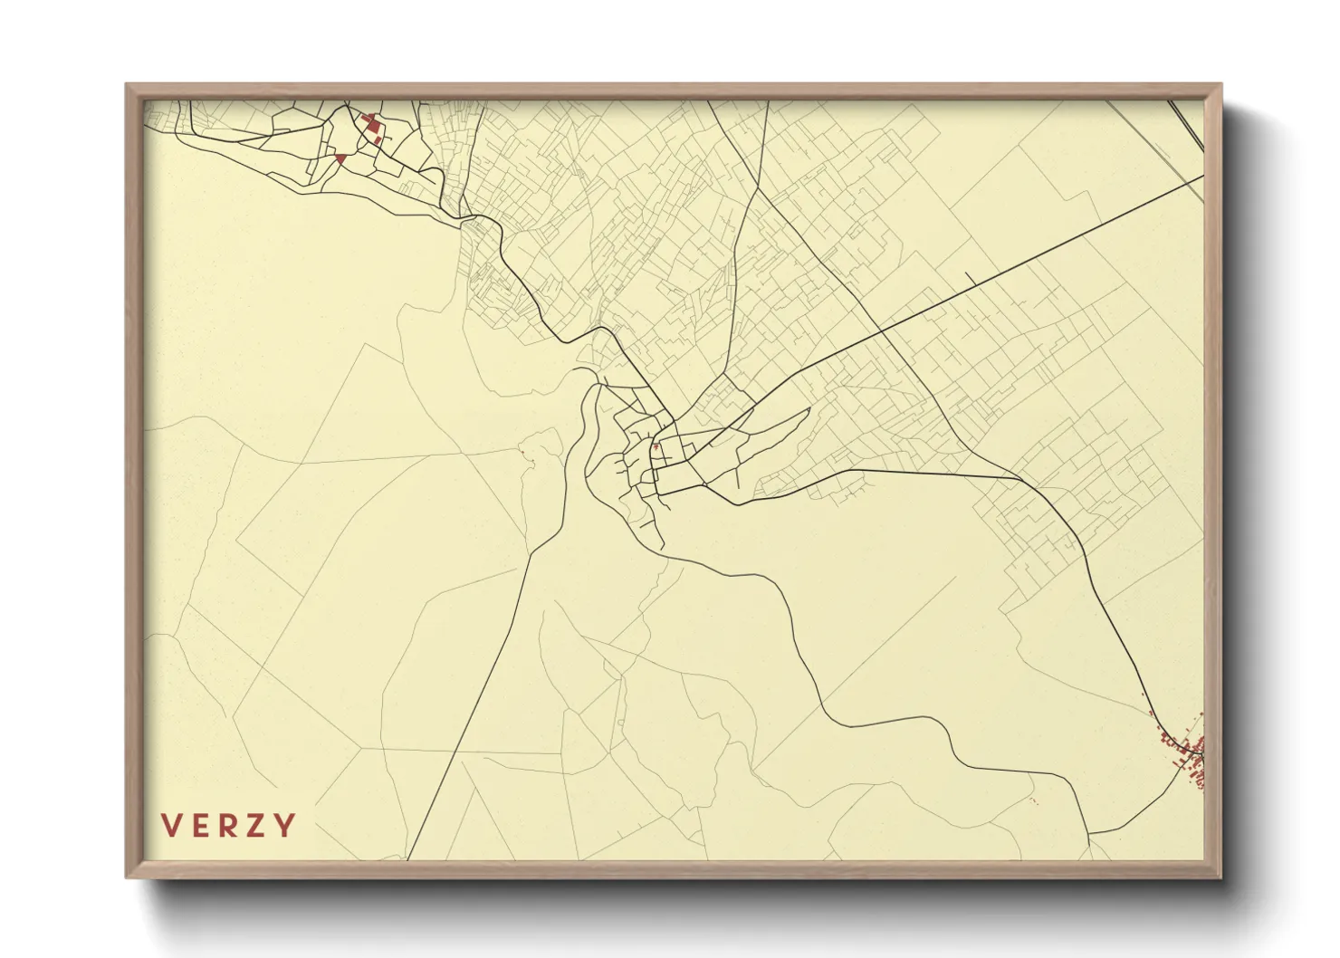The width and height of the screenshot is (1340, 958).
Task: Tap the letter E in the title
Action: coord(202,826)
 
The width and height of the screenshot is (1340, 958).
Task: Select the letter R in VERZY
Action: coord(230,826)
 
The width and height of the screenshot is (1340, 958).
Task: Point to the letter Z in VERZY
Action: coord(258,826)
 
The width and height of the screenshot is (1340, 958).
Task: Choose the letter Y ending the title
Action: coord(285,826)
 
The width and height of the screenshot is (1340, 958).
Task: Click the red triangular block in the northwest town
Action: coord(340,159)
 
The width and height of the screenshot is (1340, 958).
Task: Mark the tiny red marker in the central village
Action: coord(656,446)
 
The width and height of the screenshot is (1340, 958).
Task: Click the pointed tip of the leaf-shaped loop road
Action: coord(809,409)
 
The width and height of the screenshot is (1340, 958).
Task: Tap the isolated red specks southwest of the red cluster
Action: coord(1034,800)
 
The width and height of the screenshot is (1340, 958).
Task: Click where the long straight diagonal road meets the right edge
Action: coord(1202,179)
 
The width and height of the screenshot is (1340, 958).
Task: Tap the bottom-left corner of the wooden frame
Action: coord(128,877)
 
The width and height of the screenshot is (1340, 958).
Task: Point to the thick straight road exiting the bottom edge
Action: coord(409,857)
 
